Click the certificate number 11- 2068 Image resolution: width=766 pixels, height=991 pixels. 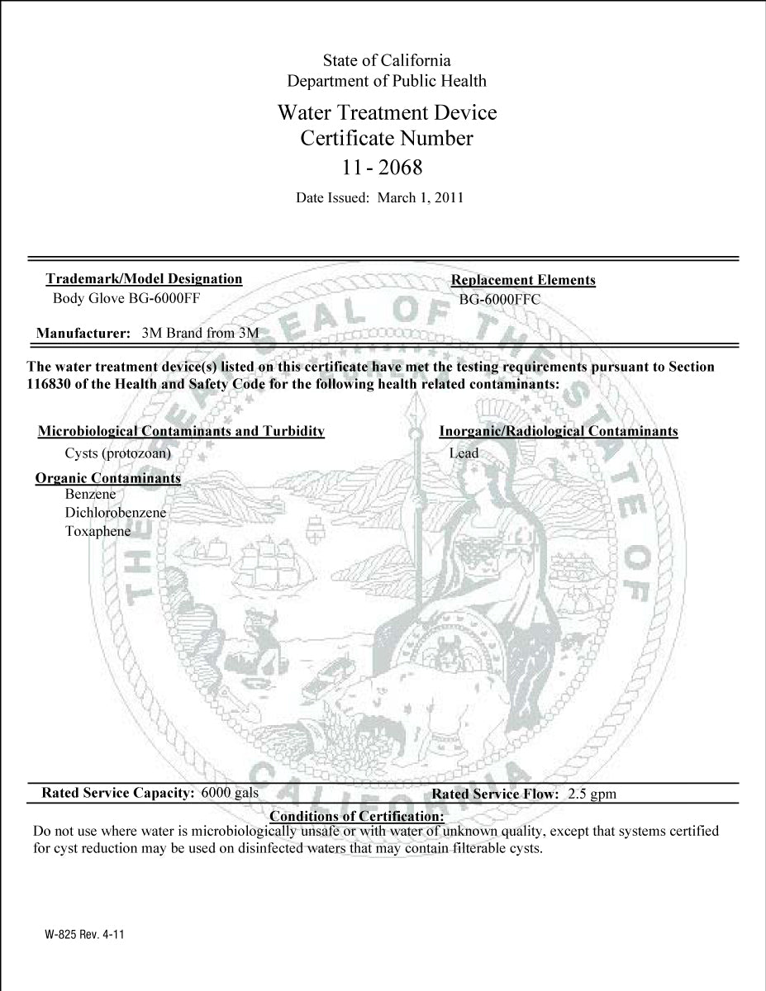tap(382, 168)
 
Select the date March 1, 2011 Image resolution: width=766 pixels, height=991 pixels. tap(420, 198)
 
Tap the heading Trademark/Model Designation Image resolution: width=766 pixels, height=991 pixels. tap(144, 279)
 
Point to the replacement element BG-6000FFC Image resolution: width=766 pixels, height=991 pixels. tap(499, 300)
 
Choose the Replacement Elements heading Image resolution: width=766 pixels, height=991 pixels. tap(523, 281)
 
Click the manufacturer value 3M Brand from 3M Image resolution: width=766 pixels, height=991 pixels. tap(201, 334)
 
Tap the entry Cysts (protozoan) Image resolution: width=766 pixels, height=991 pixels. tap(117, 453)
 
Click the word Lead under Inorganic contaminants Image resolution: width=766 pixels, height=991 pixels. tap(464, 453)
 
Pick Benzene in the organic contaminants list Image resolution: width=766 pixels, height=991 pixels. tap(90, 495)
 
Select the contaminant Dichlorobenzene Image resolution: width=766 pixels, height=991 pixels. tap(116, 513)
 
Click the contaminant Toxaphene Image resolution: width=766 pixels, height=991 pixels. tap(98, 531)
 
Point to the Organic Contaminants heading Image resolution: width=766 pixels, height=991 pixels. tap(108, 479)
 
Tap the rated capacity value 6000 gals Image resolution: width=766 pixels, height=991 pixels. tap(230, 793)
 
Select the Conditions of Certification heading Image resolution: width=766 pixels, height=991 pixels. tap(357, 817)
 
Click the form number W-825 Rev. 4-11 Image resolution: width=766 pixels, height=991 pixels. tap(85, 936)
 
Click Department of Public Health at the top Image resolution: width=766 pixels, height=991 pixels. tap(386, 81)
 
